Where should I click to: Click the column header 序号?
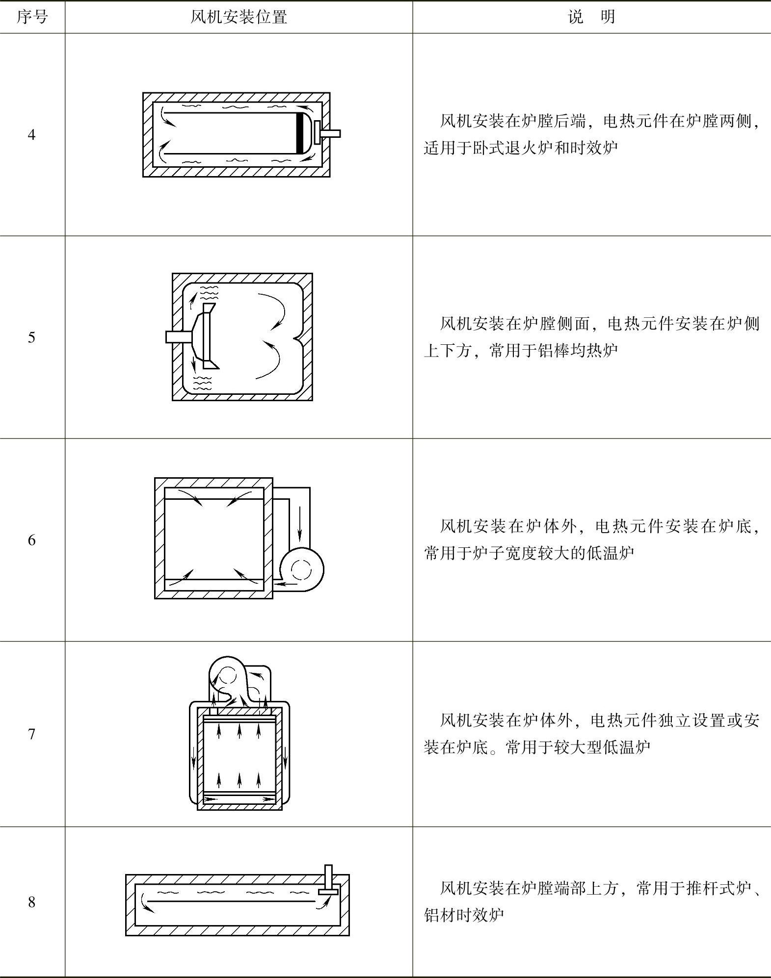[32, 17]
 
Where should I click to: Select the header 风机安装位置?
[239, 17]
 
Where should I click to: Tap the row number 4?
[32, 134]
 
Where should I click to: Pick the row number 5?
[32, 337]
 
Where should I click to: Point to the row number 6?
[32, 540]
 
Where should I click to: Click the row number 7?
[32, 734]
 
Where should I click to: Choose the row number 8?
[32, 902]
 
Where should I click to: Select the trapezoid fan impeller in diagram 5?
[206, 336]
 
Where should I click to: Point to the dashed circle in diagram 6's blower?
[301, 569]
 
